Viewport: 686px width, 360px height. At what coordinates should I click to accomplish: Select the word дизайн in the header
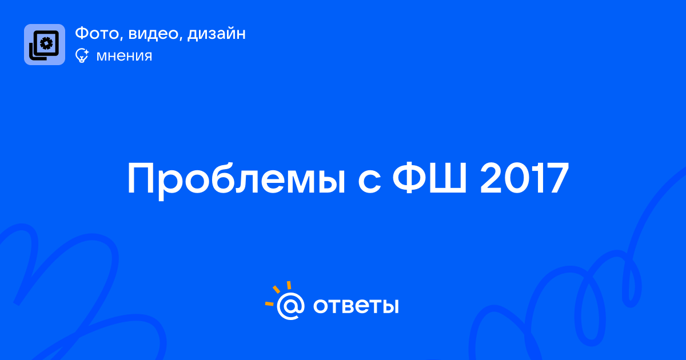tap(217, 34)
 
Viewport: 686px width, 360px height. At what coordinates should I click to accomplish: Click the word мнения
tap(124, 56)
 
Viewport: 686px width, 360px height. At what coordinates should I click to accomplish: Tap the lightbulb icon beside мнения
tap(82, 55)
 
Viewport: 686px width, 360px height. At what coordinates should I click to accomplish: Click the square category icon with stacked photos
tap(45, 45)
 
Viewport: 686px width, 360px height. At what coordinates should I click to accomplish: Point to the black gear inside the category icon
tap(46, 43)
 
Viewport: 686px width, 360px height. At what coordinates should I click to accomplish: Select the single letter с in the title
tap(369, 183)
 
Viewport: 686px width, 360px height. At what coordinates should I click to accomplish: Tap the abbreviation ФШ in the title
tap(429, 178)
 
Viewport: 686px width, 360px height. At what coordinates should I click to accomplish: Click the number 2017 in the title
tap(524, 178)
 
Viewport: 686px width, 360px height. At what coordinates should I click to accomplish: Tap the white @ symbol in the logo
tap(290, 306)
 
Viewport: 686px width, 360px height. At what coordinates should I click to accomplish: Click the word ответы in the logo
tap(356, 306)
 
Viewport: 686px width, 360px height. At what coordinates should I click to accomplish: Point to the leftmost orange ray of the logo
tap(269, 303)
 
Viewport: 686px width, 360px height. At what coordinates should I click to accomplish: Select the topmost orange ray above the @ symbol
tap(289, 285)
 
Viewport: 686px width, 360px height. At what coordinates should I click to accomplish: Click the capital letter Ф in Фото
tap(82, 33)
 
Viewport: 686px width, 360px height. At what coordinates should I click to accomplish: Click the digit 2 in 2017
tap(492, 178)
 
